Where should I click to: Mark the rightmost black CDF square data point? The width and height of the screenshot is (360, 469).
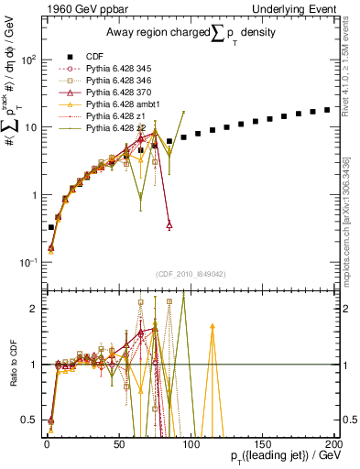tap(326, 110)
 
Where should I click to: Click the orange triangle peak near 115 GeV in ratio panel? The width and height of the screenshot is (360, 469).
tap(213, 325)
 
